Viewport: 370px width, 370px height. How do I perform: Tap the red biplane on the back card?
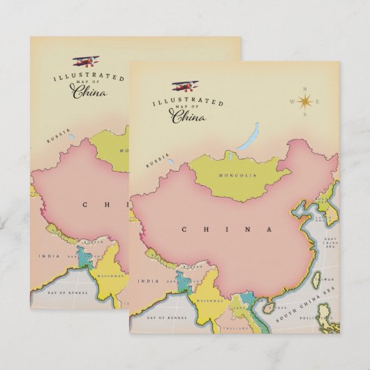(x=87, y=61)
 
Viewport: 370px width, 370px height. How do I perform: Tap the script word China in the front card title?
(x=189, y=116)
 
